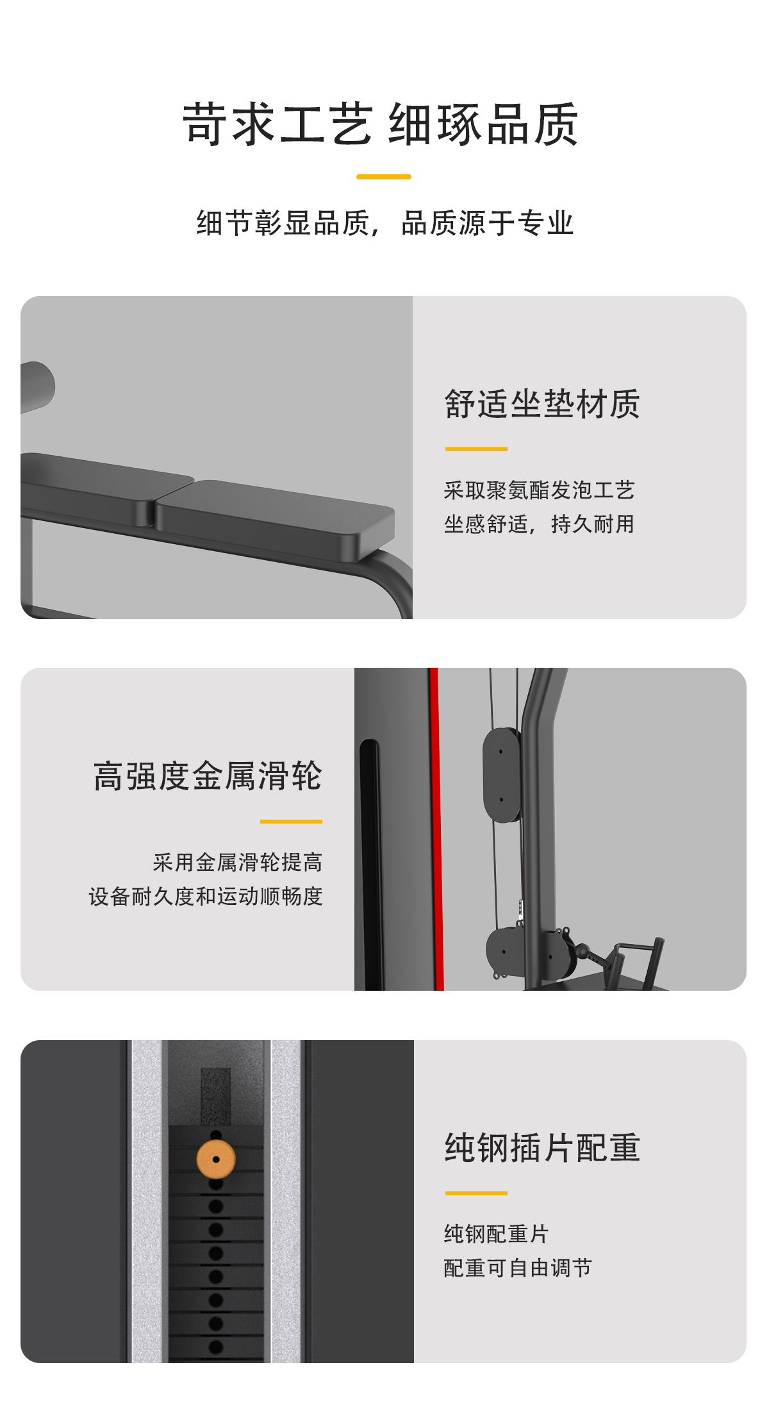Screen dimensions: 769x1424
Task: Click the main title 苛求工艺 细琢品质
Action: coord(381,124)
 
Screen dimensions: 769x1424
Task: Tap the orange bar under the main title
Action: coord(384,177)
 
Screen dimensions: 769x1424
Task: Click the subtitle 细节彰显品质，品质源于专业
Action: coord(384,223)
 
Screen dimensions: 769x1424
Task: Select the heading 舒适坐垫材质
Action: coord(542,404)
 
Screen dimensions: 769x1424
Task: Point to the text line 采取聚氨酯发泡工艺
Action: coord(539,490)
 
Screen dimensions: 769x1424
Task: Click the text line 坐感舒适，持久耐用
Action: coord(539,524)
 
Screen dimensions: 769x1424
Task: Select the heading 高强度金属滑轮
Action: coord(208,776)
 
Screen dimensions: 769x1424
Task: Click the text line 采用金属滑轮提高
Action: coord(238,863)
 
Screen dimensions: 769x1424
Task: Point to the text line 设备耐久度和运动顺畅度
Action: coord(206,897)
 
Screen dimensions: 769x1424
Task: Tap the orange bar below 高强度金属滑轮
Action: coord(291,821)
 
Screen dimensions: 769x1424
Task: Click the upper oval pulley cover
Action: coord(502,775)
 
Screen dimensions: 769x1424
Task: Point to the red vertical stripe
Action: coord(436,829)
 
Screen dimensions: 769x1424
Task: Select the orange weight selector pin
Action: coord(216,1159)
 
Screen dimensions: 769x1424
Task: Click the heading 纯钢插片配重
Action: coord(542,1148)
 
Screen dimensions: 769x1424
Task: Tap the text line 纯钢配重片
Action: coord(496,1234)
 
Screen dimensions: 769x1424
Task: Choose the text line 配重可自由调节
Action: coord(518,1268)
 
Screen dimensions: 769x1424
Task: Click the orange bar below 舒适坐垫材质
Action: coord(476,449)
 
